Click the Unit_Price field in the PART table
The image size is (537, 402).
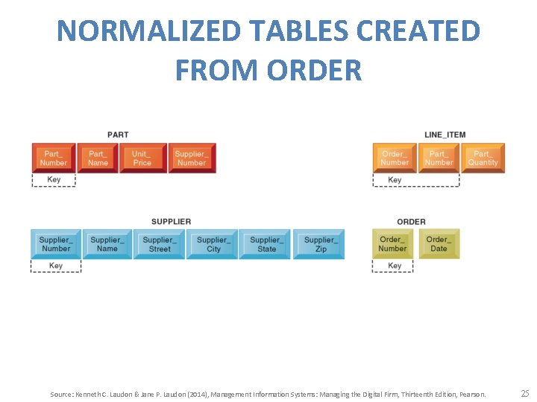click(x=142, y=158)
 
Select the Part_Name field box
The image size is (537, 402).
click(x=98, y=158)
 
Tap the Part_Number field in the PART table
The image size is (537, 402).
click(x=54, y=158)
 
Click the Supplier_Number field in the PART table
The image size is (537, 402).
click(x=192, y=158)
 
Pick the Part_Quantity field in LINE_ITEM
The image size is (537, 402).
click(x=483, y=158)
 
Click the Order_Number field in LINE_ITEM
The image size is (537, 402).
click(x=395, y=158)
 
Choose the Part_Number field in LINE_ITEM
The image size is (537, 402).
click(x=439, y=158)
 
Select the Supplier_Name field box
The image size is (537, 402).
click(x=107, y=244)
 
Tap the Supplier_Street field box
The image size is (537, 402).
click(x=160, y=244)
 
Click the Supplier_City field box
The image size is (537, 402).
click(x=213, y=244)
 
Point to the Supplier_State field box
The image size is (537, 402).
click(x=266, y=244)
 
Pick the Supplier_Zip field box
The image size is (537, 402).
click(x=320, y=244)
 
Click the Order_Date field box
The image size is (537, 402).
click(x=439, y=244)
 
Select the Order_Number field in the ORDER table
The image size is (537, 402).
click(x=393, y=244)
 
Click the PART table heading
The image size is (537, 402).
click(x=118, y=135)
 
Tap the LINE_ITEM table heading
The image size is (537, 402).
click(x=445, y=135)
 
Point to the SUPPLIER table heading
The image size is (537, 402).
click(x=171, y=221)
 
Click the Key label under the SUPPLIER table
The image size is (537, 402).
click(x=56, y=266)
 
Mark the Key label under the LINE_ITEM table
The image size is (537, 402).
click(x=395, y=179)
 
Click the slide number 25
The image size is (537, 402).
click(x=524, y=393)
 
